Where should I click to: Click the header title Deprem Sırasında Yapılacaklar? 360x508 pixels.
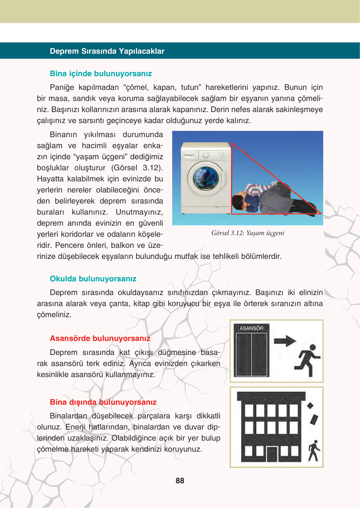107,51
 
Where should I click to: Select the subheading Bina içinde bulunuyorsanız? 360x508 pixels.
101,74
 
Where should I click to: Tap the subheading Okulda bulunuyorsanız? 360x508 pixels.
93,279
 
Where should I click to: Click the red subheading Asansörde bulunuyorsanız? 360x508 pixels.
100,338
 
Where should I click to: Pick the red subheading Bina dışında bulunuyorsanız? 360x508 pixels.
103,402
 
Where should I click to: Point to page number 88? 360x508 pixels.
180,481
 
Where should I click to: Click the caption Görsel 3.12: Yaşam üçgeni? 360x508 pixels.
247,233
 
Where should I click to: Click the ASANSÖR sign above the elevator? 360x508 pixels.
251,328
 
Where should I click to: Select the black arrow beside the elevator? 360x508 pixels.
285,341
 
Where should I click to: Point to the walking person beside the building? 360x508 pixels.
314,451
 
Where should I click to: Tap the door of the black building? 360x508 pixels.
272,454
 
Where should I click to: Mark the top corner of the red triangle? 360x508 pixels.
232,143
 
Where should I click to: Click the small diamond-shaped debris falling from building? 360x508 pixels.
310,406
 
